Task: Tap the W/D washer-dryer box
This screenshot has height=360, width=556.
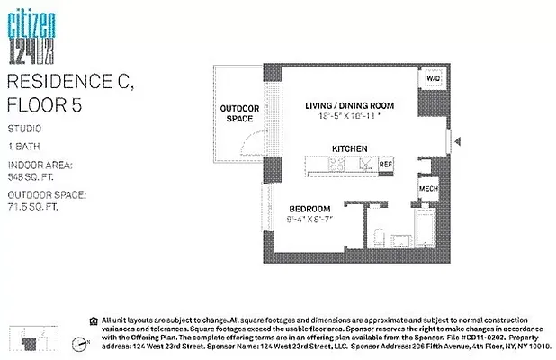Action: point(434,79)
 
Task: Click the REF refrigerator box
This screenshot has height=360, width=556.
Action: point(385,165)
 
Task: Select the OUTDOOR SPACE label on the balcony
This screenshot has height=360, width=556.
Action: point(239,113)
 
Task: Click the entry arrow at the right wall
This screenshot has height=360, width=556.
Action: point(457,141)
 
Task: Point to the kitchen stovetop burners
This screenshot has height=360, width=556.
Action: point(337,165)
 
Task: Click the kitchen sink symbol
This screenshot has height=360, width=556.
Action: point(365,165)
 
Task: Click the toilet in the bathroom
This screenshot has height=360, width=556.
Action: point(379,241)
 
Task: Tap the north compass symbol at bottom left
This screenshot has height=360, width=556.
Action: point(80,341)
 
